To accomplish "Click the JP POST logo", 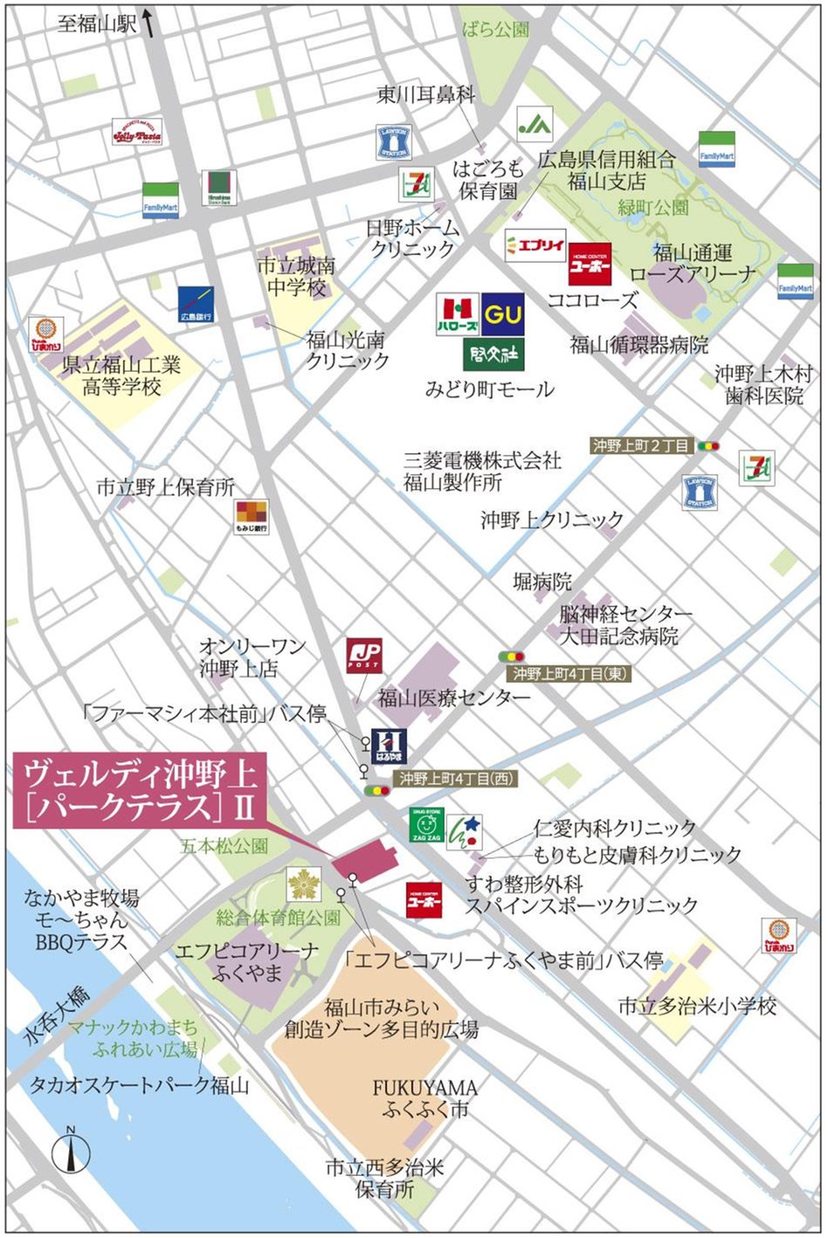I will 364,655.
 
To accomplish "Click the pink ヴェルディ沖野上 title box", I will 141,790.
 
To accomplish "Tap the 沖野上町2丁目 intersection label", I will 642,445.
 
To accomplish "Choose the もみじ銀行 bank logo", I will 252,517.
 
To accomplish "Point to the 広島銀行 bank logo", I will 196,305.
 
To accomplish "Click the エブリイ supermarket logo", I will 535,245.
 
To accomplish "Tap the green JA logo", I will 535,125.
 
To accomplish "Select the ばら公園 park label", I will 495,30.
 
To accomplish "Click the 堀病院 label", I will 542,581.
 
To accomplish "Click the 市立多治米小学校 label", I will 696,1006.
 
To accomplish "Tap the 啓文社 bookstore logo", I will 493,354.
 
